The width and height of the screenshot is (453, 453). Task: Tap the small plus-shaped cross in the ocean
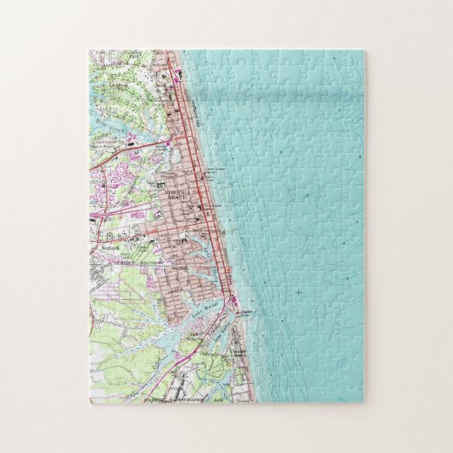click(297, 293)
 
